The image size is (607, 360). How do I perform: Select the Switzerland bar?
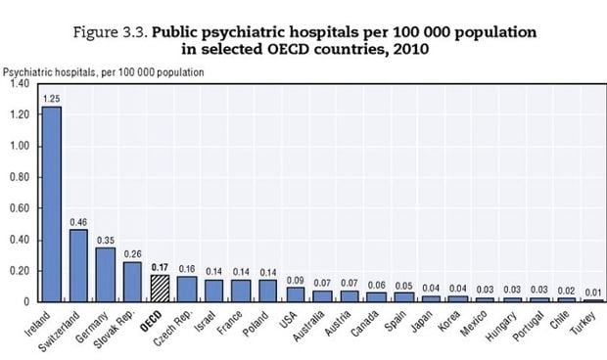tap(77, 265)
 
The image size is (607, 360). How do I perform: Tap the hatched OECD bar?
tap(159, 288)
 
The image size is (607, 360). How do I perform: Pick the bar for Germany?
tap(105, 274)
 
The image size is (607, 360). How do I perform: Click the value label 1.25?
tap(51, 99)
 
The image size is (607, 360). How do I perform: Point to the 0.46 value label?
tap(77, 222)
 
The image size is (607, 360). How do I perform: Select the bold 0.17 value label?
tap(159, 267)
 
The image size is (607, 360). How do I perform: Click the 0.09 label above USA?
tap(295, 281)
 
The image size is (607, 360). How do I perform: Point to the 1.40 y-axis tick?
tap(21, 84)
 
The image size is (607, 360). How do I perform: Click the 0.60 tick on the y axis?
tap(21, 208)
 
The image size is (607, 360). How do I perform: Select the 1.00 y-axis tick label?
tap(21, 146)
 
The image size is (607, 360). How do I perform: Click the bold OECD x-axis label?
tap(152, 320)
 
